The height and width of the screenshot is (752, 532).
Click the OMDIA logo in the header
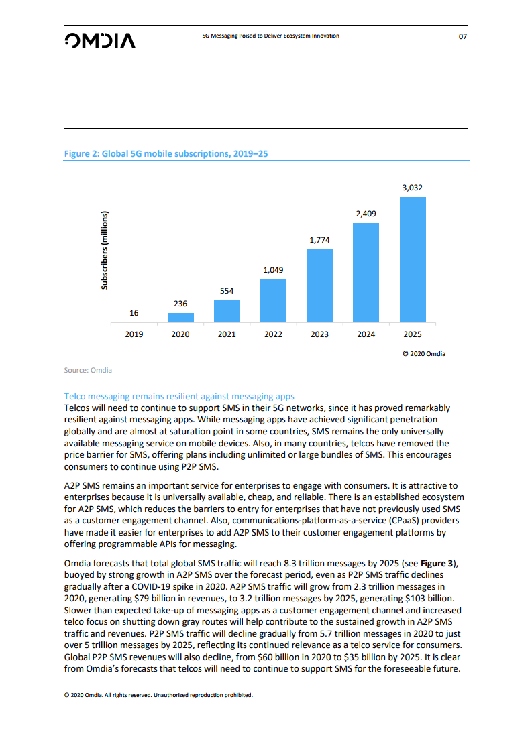[100, 40]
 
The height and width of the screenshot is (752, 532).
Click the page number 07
[462, 36]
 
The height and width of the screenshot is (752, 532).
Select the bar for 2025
[413, 260]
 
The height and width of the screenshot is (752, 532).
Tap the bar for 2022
[273, 301]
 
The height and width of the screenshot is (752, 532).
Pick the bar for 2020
[180, 318]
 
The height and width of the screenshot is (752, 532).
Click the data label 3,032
[413, 188]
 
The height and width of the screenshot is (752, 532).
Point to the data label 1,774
[319, 240]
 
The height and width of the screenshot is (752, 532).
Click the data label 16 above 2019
[134, 313]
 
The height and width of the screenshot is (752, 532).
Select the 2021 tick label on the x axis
[227, 334]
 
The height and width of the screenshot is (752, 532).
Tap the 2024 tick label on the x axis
[366, 334]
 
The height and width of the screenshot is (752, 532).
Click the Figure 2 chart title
[166, 154]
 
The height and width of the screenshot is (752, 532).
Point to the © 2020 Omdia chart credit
[423, 353]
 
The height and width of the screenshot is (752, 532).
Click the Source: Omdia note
[88, 370]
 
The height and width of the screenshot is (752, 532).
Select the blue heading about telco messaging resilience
[179, 397]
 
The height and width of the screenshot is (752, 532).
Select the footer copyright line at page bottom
[158, 695]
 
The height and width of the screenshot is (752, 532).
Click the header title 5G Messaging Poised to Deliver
[270, 36]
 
